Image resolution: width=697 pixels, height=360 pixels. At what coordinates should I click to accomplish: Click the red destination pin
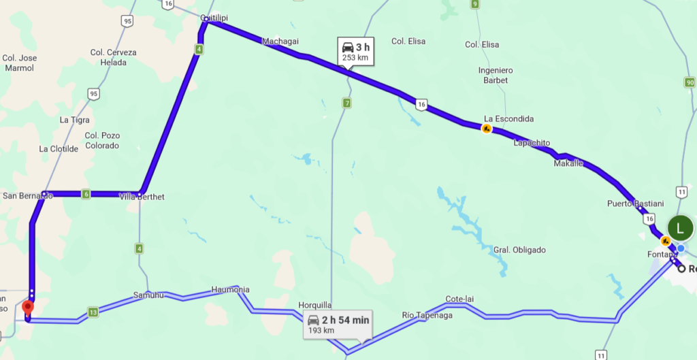point(27,308)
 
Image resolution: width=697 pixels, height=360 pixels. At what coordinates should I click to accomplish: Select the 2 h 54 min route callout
point(338,325)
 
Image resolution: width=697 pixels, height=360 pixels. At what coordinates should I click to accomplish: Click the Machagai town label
point(280,42)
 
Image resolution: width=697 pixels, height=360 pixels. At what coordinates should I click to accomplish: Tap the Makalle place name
point(568,163)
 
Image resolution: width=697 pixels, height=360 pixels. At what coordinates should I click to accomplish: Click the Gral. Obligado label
point(520,250)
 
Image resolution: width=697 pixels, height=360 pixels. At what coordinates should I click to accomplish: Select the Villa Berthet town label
point(142,197)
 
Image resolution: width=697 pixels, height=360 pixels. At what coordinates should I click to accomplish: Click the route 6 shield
point(86,195)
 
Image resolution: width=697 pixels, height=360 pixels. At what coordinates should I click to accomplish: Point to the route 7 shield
point(347,103)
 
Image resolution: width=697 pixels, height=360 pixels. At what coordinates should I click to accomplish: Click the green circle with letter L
point(680,227)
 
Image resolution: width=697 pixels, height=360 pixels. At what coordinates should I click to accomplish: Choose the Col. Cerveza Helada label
point(113,57)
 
